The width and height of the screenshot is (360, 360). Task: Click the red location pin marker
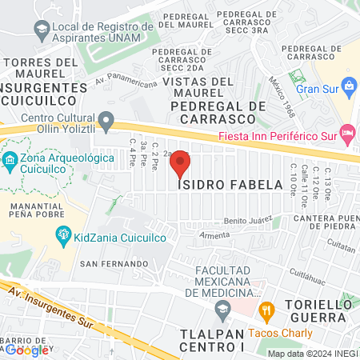pyautogui.click(x=181, y=164)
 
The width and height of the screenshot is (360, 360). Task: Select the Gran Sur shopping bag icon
pyautogui.click(x=349, y=86)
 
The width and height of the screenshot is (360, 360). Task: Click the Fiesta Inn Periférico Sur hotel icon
pyautogui.click(x=346, y=133)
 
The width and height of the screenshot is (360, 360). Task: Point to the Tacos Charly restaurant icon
pyautogui.click(x=268, y=309)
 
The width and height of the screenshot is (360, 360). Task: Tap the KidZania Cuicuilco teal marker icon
pyautogui.click(x=62, y=234)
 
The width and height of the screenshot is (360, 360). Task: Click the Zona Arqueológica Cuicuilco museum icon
pyautogui.click(x=10, y=160)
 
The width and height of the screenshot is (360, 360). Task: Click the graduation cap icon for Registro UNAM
pyautogui.click(x=40, y=30)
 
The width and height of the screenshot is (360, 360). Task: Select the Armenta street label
pyautogui.click(x=214, y=235)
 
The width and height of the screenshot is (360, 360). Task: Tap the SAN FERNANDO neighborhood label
pyautogui.click(x=114, y=263)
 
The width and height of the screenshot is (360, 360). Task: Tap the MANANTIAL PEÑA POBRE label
pyautogui.click(x=38, y=211)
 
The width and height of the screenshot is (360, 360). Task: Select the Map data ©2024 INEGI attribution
pyautogui.click(x=311, y=353)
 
